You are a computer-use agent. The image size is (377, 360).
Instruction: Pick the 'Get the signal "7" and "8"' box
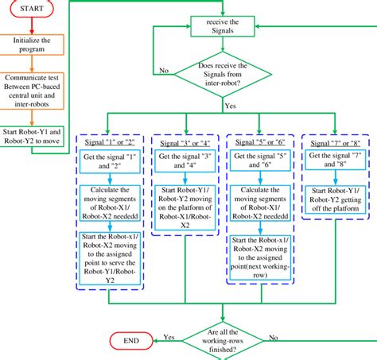click(335, 163)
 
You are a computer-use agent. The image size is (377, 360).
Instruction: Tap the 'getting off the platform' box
click(335, 197)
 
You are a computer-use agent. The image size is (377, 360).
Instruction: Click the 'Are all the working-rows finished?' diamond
click(225, 340)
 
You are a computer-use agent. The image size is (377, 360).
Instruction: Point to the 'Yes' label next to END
click(169, 335)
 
